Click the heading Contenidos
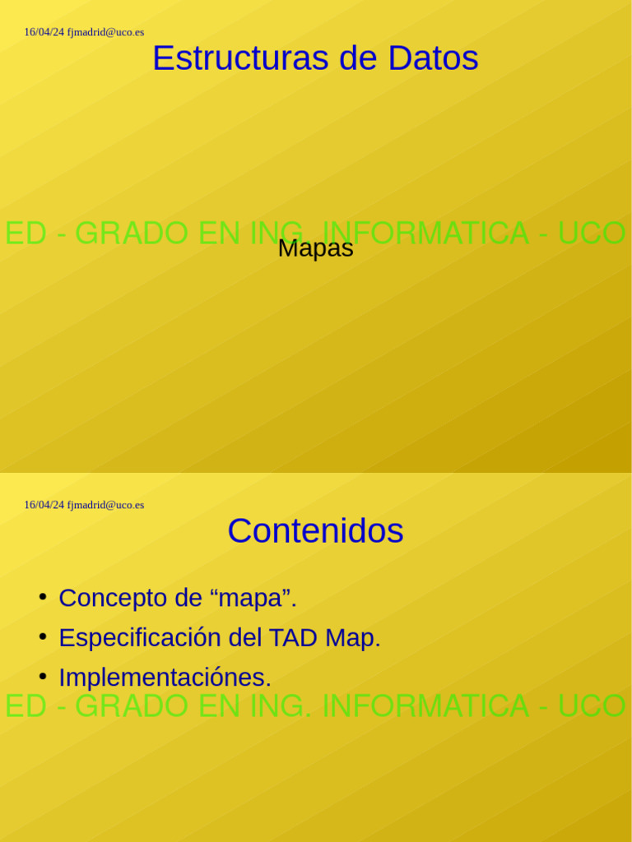pyautogui.click(x=315, y=530)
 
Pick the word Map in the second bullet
pyautogui.click(x=352, y=637)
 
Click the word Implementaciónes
pyautogui.click(x=165, y=678)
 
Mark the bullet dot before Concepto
pyautogui.click(x=42, y=596)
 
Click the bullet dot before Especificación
pyautogui.click(x=42, y=636)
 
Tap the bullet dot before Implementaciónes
pyautogui.click(x=42, y=676)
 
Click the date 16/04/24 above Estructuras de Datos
pyautogui.click(x=44, y=32)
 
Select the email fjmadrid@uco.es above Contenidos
pyautogui.click(x=105, y=505)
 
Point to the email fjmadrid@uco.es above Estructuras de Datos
pyautogui.click(x=105, y=32)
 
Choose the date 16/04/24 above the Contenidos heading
pyautogui.click(x=44, y=505)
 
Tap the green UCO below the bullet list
pyautogui.click(x=592, y=706)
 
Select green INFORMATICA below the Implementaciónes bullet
pyautogui.click(x=425, y=706)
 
